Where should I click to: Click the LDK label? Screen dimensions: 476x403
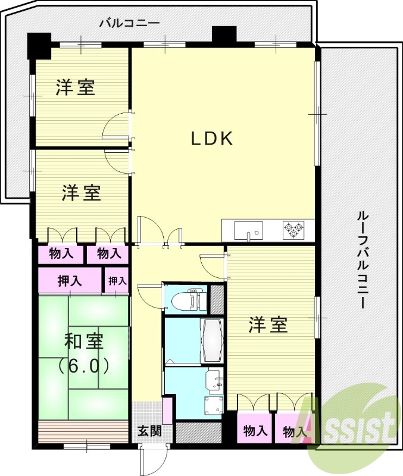tap(211, 139)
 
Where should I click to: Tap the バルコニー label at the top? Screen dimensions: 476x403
tap(129, 24)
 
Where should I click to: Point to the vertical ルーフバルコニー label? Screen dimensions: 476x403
tap(361, 259)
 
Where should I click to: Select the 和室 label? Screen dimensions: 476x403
tap(84, 342)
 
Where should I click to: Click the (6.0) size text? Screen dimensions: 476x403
tap(84, 365)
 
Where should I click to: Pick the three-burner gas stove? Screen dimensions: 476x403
tap(293, 229)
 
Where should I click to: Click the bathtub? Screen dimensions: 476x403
tap(212, 341)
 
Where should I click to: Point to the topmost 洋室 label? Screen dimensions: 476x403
tap(76, 88)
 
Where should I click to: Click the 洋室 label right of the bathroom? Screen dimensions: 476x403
tap(268, 325)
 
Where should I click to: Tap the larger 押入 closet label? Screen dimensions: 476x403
tap(70, 281)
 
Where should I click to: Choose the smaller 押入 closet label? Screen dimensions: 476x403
tap(117, 281)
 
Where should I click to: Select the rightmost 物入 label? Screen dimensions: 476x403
tap(295, 431)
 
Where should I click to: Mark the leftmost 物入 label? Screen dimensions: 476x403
tap(61, 254)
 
